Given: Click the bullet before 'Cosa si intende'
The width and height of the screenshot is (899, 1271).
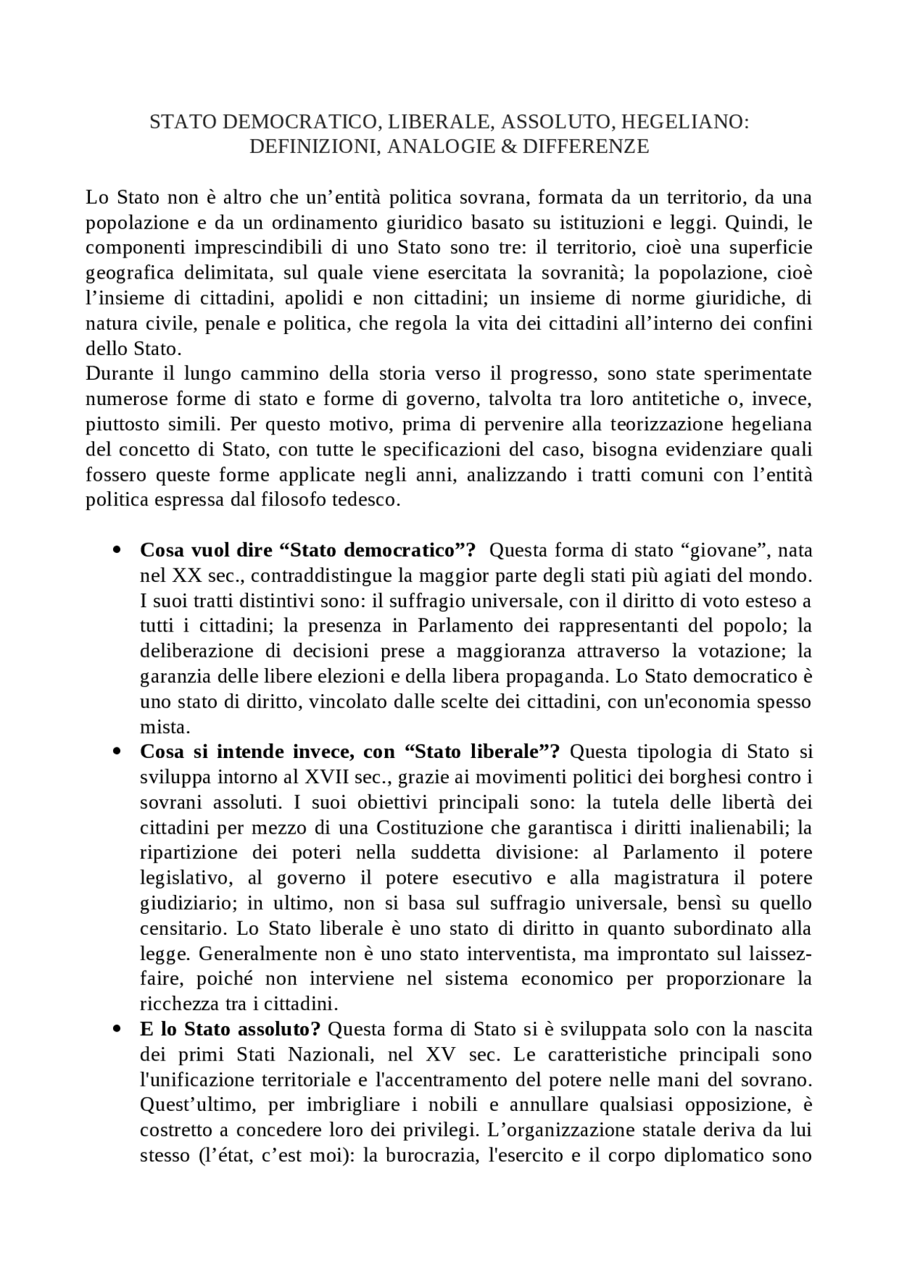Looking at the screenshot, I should pyautogui.click(x=118, y=752).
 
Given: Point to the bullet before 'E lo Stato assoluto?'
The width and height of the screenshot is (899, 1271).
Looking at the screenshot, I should pyautogui.click(x=118, y=1030).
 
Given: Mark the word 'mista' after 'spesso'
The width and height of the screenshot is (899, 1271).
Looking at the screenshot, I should pyautogui.click(x=163, y=726).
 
